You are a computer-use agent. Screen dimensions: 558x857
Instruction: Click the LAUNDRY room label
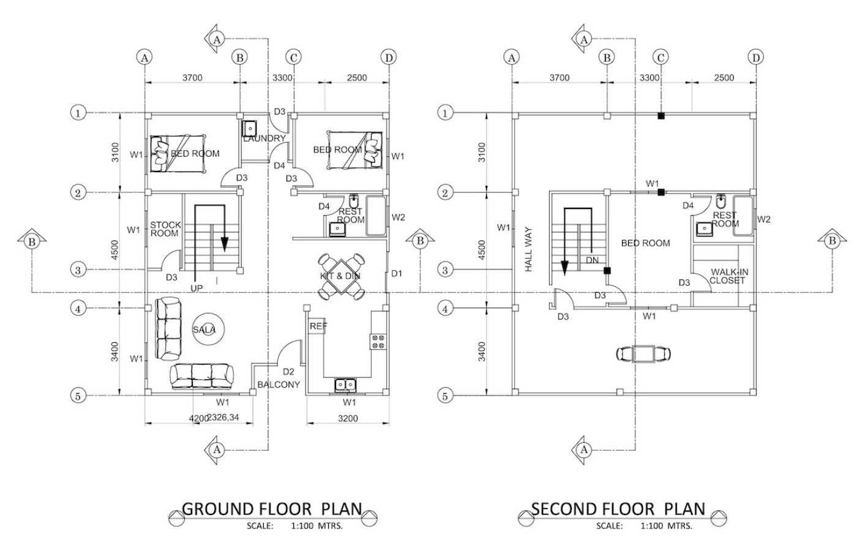(x=264, y=138)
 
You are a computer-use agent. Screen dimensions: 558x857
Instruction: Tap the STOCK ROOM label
(x=165, y=229)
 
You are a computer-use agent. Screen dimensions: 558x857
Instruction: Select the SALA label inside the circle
(x=204, y=330)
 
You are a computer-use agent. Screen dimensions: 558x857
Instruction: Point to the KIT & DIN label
(x=340, y=276)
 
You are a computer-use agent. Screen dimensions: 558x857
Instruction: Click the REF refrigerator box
(x=317, y=326)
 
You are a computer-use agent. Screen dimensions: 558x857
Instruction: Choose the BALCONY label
(x=279, y=385)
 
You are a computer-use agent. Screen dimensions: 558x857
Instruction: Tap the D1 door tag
(x=397, y=273)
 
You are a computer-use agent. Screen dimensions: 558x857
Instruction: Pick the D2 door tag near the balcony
(x=289, y=371)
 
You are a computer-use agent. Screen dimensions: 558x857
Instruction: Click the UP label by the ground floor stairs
(x=196, y=287)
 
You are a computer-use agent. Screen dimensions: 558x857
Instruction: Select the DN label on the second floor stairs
(x=592, y=259)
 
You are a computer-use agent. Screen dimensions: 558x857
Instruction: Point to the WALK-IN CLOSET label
(x=727, y=276)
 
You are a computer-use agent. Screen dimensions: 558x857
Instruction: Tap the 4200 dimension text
(x=198, y=419)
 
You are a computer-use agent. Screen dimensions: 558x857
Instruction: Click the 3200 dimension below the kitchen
(x=348, y=419)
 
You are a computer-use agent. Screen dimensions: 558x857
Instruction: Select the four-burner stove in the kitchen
(x=378, y=341)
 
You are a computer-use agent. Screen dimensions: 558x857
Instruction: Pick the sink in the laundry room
(x=249, y=129)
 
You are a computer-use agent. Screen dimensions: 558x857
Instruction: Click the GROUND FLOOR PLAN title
(x=272, y=509)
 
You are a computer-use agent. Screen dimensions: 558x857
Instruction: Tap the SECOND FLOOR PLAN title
(x=618, y=509)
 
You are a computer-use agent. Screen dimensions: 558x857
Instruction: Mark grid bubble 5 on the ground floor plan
(x=78, y=396)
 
